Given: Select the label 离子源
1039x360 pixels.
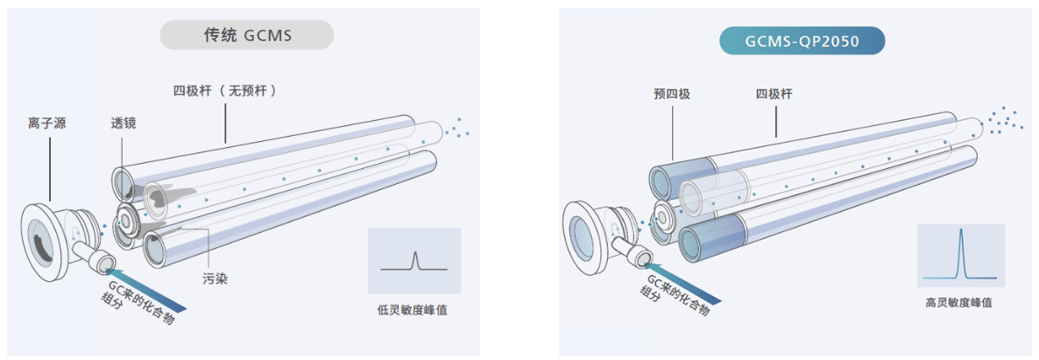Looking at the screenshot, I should coord(46,124).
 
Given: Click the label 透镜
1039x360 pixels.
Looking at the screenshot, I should coord(124,124).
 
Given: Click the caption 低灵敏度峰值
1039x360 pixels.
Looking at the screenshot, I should coord(413,309).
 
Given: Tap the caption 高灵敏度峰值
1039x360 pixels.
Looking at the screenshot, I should coord(959,302).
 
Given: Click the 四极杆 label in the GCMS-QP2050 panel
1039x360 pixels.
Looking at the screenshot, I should coord(775,94).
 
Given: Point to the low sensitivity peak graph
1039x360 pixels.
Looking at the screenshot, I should coord(414,260).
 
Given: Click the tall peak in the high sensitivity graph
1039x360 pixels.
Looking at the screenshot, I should coord(961,254).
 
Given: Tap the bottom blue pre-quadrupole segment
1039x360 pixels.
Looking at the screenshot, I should coord(710,237).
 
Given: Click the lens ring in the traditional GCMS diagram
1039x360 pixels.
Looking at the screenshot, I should coord(129,222).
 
